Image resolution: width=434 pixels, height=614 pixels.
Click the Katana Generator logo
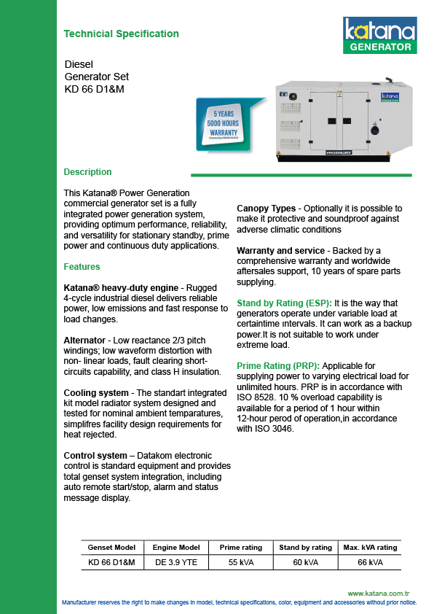(379, 35)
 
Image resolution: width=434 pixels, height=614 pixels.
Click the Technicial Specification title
(121, 34)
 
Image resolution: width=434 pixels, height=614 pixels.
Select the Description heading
(87, 172)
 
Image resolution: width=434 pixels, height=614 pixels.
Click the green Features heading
(82, 267)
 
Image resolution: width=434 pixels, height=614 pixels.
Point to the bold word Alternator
(84, 341)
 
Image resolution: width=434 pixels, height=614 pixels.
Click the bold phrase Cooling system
(96, 393)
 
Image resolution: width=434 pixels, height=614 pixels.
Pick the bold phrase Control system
(95, 456)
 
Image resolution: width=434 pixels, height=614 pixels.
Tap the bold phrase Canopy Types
(267, 209)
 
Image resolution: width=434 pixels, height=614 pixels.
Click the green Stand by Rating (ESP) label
(284, 303)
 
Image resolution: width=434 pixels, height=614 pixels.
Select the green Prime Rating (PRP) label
(278, 366)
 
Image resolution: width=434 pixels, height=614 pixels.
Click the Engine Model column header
(176, 548)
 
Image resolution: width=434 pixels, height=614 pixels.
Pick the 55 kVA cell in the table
(241, 562)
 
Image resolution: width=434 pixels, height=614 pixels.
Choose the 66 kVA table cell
(370, 562)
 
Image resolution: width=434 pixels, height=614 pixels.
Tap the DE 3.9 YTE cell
(176, 562)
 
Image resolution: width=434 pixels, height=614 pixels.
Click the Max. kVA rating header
(370, 548)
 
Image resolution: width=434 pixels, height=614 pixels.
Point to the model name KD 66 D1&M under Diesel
(94, 89)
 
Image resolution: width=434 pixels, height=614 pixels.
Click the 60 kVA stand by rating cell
(305, 562)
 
